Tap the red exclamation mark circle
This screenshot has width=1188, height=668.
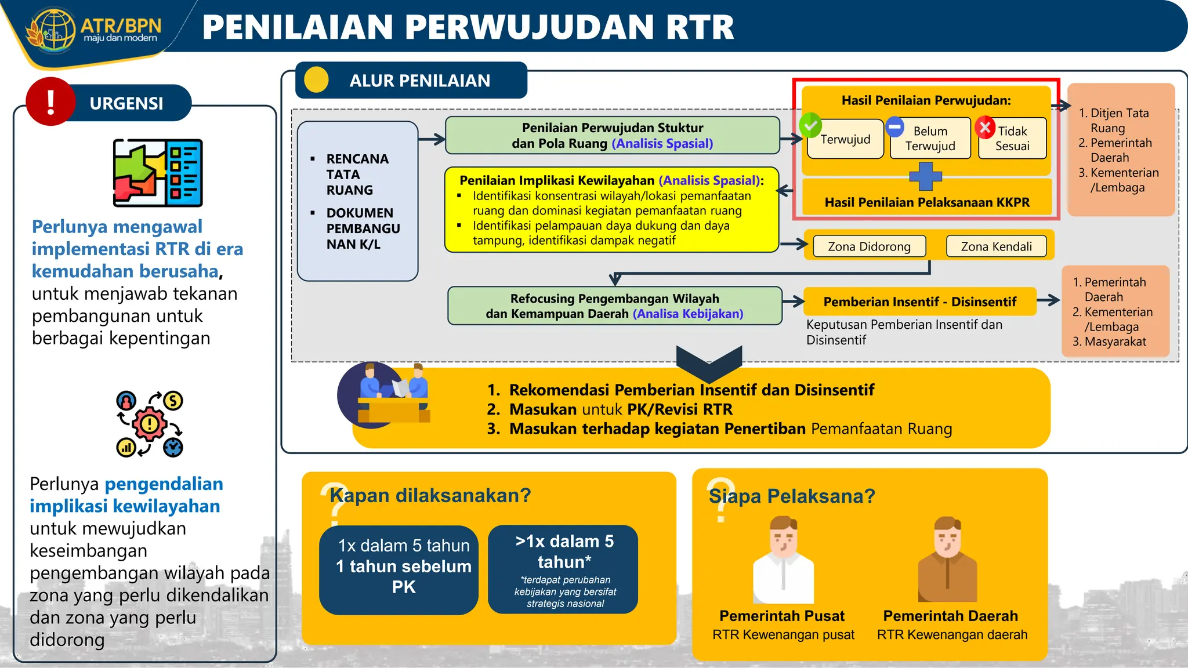point(50,101)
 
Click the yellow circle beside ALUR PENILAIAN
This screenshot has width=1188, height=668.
point(316,80)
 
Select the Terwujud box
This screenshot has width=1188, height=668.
point(845,139)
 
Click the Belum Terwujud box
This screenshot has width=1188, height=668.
point(930,139)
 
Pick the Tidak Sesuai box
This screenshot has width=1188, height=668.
point(1012,139)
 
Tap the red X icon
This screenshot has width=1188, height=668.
point(985,127)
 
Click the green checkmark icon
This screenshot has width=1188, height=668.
point(810,125)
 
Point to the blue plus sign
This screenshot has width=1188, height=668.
point(925,176)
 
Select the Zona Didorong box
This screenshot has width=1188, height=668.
point(869,246)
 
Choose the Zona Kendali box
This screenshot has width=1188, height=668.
point(996,246)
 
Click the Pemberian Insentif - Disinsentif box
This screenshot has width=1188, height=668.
point(919,302)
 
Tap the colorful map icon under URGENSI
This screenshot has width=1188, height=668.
point(158,173)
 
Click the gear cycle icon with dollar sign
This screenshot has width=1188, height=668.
point(150,424)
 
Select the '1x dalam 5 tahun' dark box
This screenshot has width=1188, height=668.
point(399,569)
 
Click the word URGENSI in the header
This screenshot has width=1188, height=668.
point(126,103)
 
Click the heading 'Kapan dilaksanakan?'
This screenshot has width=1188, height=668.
point(430,496)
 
